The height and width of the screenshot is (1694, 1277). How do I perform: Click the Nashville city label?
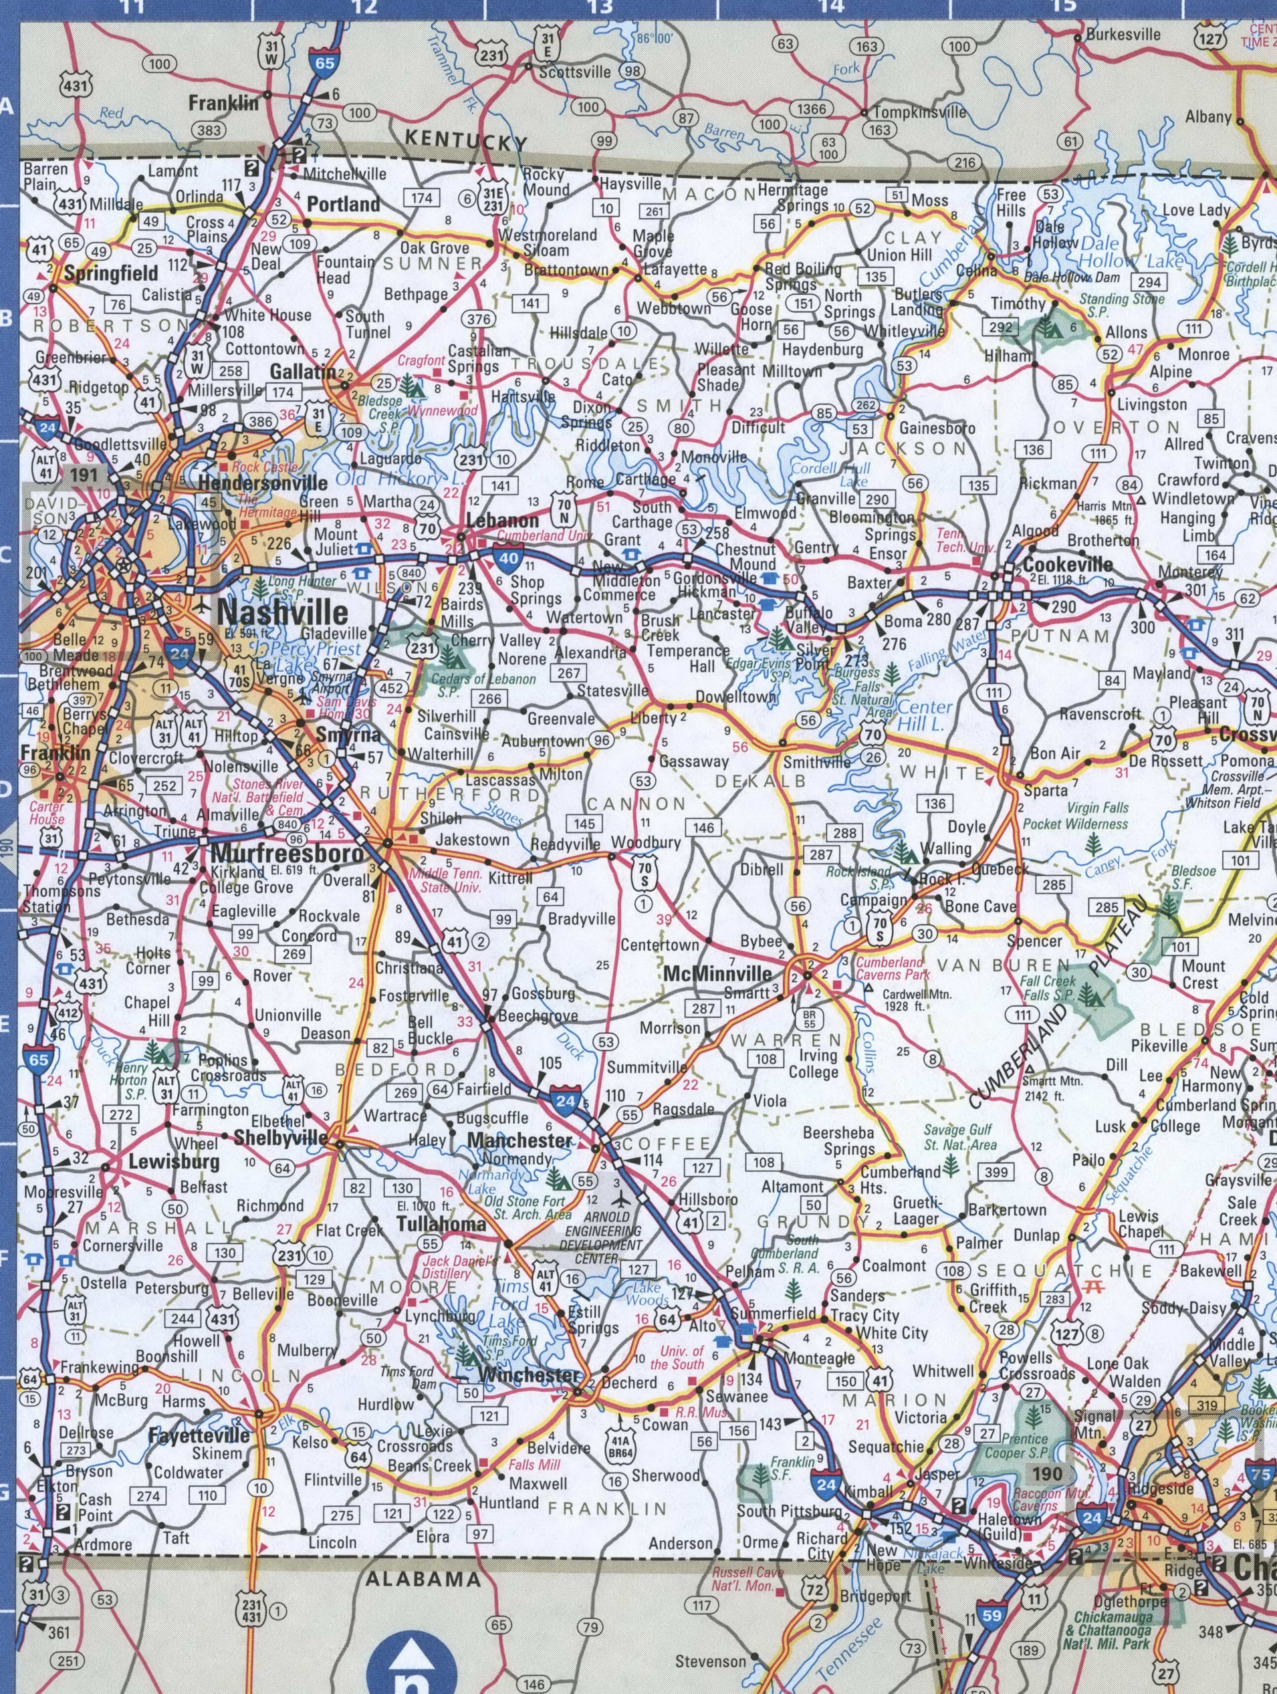pyautogui.click(x=283, y=612)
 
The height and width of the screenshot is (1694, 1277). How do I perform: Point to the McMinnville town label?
pyautogui.click(x=718, y=973)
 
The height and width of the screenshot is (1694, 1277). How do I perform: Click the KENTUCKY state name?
pyautogui.click(x=466, y=141)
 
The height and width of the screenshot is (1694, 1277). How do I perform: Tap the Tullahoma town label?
pyautogui.click(x=441, y=1224)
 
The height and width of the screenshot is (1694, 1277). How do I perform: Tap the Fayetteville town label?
pyautogui.click(x=199, y=1435)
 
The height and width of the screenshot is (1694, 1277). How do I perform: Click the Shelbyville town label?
pyautogui.click(x=280, y=1138)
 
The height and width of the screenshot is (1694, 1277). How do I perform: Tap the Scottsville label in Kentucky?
pyautogui.click(x=574, y=73)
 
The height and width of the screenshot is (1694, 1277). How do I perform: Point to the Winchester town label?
pyautogui.click(x=529, y=1375)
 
